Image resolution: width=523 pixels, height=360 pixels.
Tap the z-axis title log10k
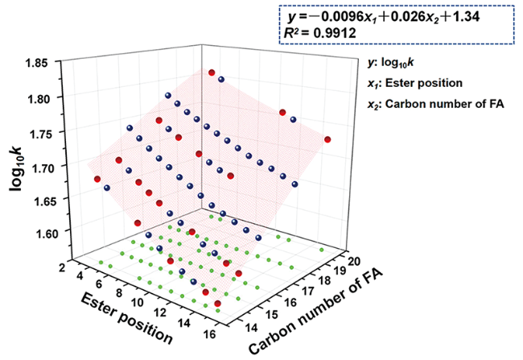(19, 158)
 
